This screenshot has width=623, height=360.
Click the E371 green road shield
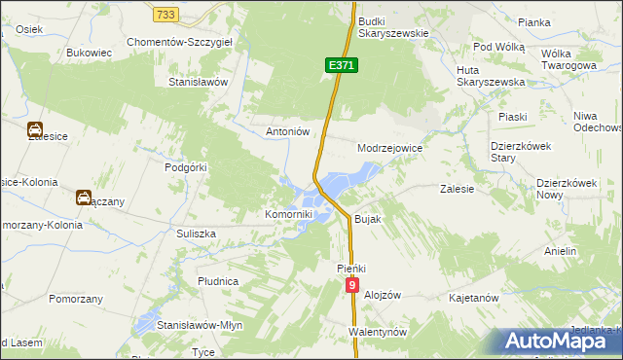(343, 64)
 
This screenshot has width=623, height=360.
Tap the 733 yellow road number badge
(166, 14)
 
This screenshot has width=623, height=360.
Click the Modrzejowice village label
(389, 148)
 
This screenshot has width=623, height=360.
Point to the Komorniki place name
(289, 214)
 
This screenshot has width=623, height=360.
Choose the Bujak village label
(367, 219)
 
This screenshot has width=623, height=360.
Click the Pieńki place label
(350, 267)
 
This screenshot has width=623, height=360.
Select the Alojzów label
(382, 294)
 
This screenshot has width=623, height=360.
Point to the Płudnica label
(218, 281)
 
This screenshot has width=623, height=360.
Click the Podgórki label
(186, 167)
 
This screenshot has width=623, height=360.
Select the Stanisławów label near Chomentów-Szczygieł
(199, 83)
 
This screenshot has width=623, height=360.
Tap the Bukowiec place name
(92, 53)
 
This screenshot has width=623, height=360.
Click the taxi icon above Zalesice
(34, 128)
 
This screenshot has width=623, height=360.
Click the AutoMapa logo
(559, 342)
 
